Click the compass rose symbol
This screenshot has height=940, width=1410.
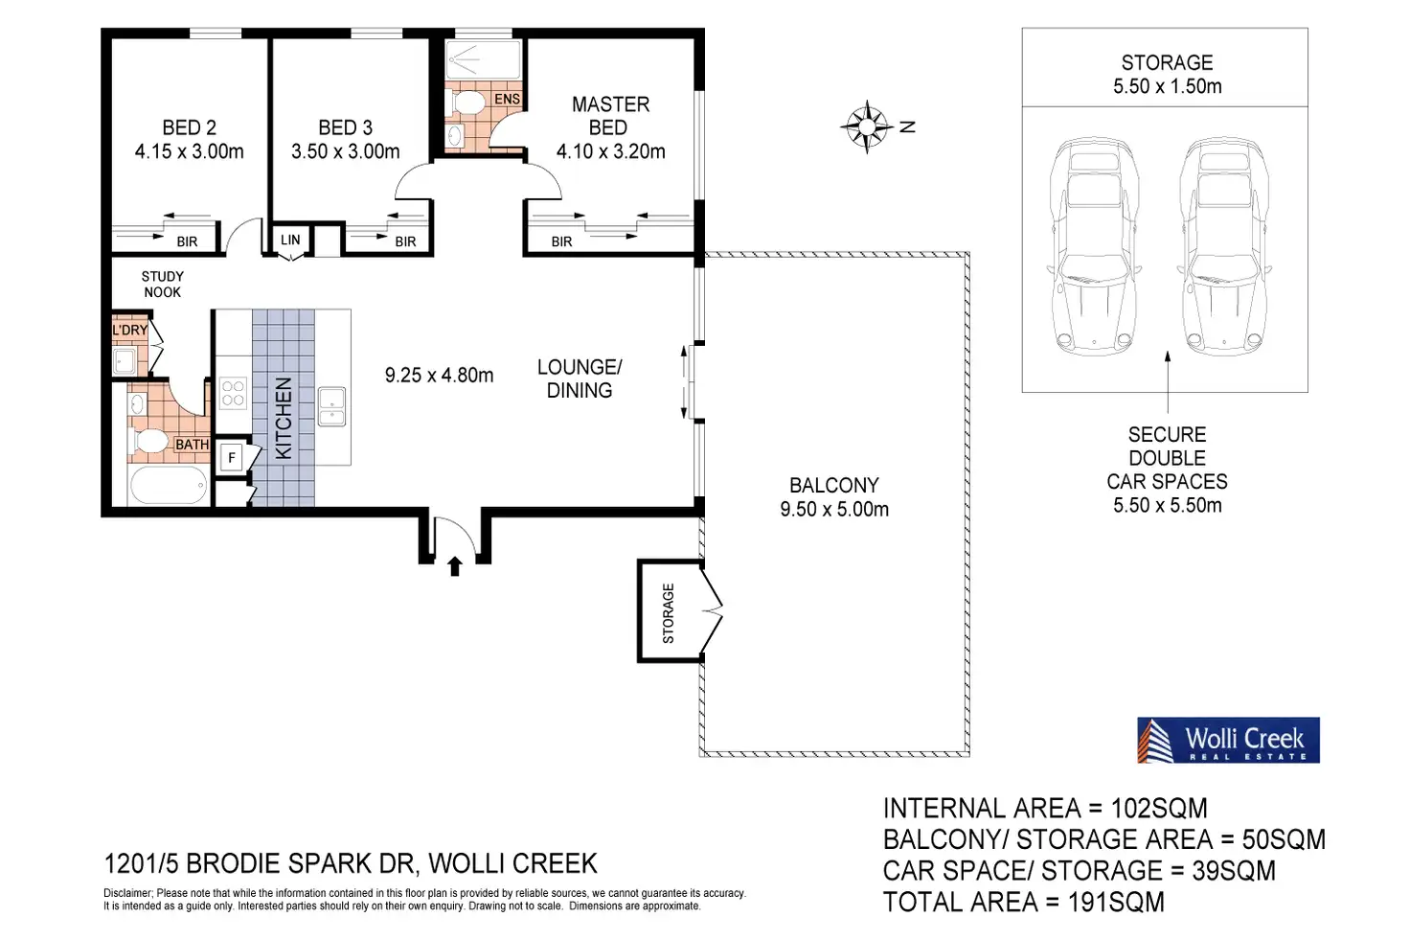pyautogui.click(x=866, y=126)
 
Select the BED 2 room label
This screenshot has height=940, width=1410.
pyautogui.click(x=189, y=127)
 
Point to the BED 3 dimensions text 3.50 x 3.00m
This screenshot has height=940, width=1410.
pyautogui.click(x=345, y=151)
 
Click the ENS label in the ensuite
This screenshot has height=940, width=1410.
pyautogui.click(x=507, y=99)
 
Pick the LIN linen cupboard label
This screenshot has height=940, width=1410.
pyautogui.click(x=290, y=240)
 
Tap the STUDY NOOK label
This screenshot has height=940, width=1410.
pyautogui.click(x=163, y=284)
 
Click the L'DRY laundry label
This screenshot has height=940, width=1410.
pyautogui.click(x=130, y=330)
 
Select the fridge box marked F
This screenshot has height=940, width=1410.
pyautogui.click(x=232, y=458)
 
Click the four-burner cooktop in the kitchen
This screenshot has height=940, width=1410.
pyautogui.click(x=233, y=393)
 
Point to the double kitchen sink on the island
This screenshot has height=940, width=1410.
pyautogui.click(x=331, y=406)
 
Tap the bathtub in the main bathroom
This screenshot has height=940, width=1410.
pyautogui.click(x=169, y=485)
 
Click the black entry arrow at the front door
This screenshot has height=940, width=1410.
pyautogui.click(x=454, y=566)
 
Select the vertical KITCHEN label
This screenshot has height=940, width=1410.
pyautogui.click(x=284, y=418)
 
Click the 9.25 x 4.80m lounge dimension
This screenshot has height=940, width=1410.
pyautogui.click(x=439, y=376)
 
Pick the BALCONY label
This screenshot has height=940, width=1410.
pyautogui.click(x=834, y=486)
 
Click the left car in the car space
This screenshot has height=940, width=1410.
pyautogui.click(x=1094, y=247)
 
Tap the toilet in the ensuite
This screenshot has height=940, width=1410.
pyautogui.click(x=465, y=102)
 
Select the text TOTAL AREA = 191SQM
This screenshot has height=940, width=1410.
pyautogui.click(x=1024, y=903)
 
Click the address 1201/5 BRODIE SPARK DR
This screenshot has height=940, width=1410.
pyautogui.click(x=260, y=863)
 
